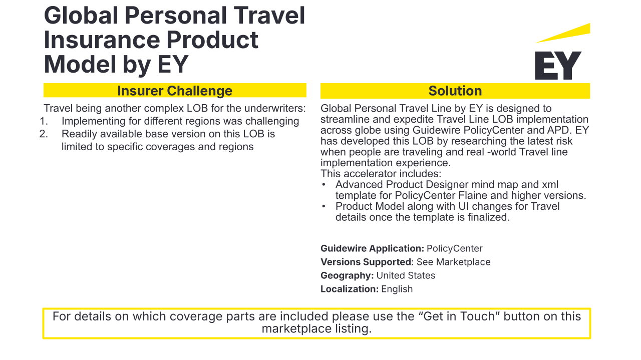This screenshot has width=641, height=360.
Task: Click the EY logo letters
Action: pos(558,66)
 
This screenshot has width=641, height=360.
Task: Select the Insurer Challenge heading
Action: pos(175,91)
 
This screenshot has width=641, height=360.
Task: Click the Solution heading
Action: pos(455,91)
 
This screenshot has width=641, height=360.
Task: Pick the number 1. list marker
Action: pos(44,121)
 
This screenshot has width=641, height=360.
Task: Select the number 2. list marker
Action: pos(44,134)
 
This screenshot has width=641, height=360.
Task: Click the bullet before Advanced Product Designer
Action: pos(324,185)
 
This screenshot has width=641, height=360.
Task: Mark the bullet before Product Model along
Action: pos(324,207)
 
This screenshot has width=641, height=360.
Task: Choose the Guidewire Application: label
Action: pos(372,248)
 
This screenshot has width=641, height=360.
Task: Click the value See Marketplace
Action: pos(454,262)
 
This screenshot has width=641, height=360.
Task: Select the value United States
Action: pos(406,275)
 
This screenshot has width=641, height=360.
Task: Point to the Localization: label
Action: pos(350,289)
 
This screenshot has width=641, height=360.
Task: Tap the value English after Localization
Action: pos(397,289)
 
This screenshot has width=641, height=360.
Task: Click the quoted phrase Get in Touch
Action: pos(459,316)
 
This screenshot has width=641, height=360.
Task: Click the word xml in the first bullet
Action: pos(550,185)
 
